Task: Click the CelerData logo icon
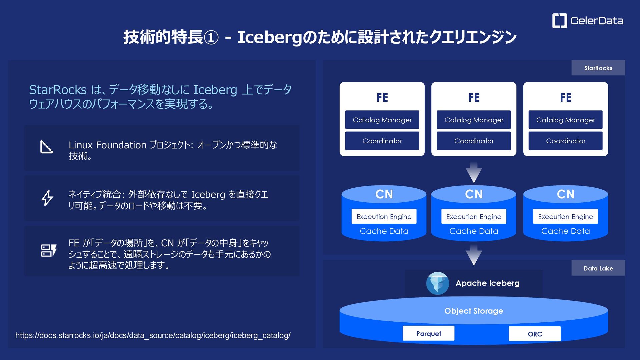pos(559,21)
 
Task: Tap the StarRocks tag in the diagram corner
pos(598,68)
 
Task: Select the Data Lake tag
pos(598,268)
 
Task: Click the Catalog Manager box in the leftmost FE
pos(382,120)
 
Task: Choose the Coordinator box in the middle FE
pos(474,141)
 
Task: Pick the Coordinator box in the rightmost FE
pos(565,141)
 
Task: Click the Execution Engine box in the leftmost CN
pos(384,217)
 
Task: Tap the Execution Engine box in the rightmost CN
pos(565,217)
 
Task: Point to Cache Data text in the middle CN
pos(474,231)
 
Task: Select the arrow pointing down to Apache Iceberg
pos(474,255)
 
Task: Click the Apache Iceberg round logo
pos(437,283)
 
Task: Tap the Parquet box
pos(428,334)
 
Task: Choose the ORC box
pos(534,334)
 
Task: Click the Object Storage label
pos(474,311)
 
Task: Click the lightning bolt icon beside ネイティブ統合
pos(47,198)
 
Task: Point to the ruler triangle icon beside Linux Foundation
pos(47,147)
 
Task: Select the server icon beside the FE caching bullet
pos(48,251)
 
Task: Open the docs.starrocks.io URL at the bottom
pos(153,335)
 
